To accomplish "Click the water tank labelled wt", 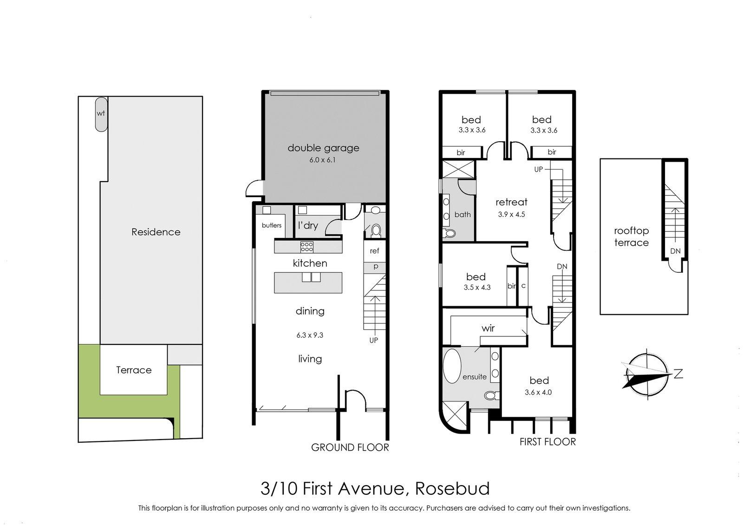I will (x=101, y=114).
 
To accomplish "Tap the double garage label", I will (x=323, y=148).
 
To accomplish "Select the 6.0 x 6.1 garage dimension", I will (x=323, y=160).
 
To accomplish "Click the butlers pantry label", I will (x=272, y=225).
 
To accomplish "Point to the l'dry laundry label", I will (x=308, y=225).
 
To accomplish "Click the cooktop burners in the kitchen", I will (x=306, y=246).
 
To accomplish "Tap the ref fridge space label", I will (x=374, y=251).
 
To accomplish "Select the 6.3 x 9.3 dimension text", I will (x=310, y=335).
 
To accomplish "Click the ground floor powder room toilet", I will (x=376, y=229).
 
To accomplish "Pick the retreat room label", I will (x=511, y=202).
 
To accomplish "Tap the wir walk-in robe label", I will (x=488, y=328).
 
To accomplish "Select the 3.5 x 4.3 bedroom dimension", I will (x=477, y=288).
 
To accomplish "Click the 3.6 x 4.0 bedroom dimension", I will (x=538, y=392).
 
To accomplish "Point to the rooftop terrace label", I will (x=631, y=237).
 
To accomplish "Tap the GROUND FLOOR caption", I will (x=350, y=447).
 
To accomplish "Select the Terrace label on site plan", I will (x=134, y=370).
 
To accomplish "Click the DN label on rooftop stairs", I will (x=675, y=251).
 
